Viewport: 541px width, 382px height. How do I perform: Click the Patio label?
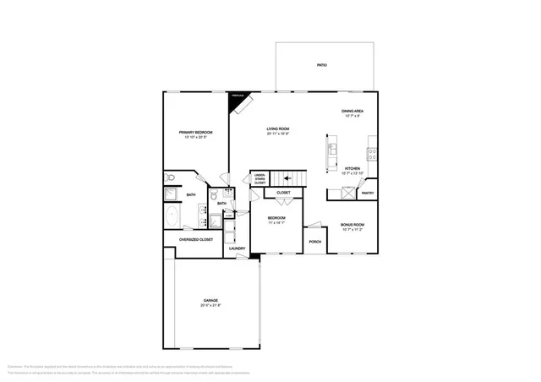(321, 65)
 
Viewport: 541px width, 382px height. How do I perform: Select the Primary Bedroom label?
(194, 133)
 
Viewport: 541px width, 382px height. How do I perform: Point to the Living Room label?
(278, 129)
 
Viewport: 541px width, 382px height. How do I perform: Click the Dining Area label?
(352, 112)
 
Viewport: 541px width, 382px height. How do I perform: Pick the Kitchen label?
(352, 168)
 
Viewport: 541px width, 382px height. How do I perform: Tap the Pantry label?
(368, 193)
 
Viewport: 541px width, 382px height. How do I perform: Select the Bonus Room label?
(352, 225)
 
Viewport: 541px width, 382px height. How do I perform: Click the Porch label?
(314, 242)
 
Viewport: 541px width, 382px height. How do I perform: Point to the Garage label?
(210, 301)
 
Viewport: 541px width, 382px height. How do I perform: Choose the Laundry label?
(237, 248)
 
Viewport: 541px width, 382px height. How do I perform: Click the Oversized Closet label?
(194, 239)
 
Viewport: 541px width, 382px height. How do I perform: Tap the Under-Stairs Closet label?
(260, 179)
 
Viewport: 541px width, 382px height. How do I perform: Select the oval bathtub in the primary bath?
(172, 216)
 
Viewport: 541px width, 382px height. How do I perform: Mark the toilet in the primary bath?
(171, 178)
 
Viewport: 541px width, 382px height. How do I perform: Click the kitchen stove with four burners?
(372, 154)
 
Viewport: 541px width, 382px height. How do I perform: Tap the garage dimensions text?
(210, 306)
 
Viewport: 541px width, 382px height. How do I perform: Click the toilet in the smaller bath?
(229, 193)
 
